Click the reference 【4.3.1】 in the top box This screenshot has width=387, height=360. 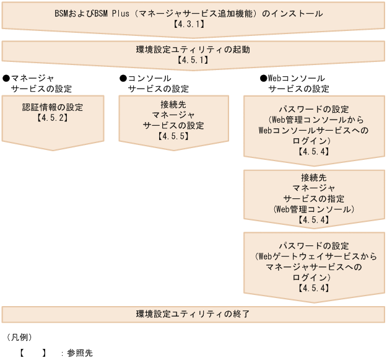click(x=193, y=24)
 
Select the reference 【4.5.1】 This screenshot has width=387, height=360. click(x=193, y=60)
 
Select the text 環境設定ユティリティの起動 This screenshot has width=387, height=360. click(x=193, y=49)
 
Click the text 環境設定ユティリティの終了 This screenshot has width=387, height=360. click(x=193, y=314)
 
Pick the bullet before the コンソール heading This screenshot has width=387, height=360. click(x=123, y=79)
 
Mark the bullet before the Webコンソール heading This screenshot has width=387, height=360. click(x=263, y=79)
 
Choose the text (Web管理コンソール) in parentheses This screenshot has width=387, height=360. click(x=314, y=209)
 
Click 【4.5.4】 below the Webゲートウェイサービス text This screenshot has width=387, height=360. click(x=314, y=288)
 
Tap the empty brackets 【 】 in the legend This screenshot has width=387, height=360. click(x=32, y=353)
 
